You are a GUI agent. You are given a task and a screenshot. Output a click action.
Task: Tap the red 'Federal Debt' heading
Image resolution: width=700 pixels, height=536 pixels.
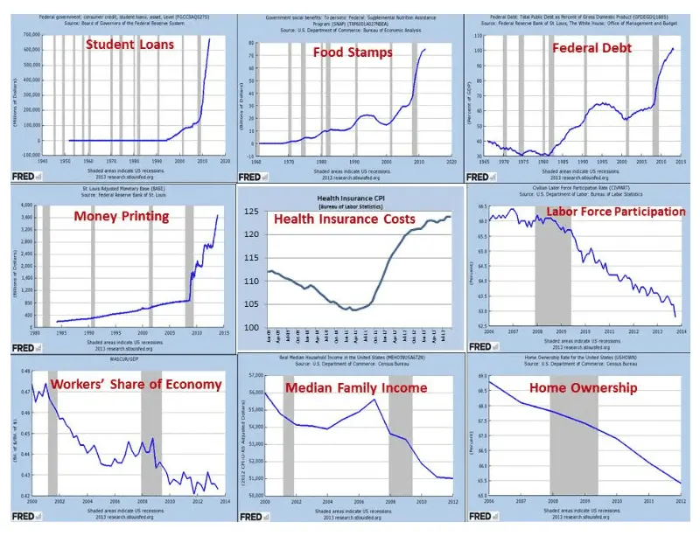point(585,47)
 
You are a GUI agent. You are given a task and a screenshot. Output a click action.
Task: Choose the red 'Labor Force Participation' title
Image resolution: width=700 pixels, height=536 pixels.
point(616,212)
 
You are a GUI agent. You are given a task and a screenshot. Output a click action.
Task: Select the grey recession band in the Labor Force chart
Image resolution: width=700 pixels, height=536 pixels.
point(552,262)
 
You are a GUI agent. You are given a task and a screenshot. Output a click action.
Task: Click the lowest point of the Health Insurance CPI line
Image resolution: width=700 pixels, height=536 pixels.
point(349,310)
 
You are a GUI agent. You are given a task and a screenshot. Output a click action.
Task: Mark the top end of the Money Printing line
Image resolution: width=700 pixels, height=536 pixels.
point(217,215)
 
